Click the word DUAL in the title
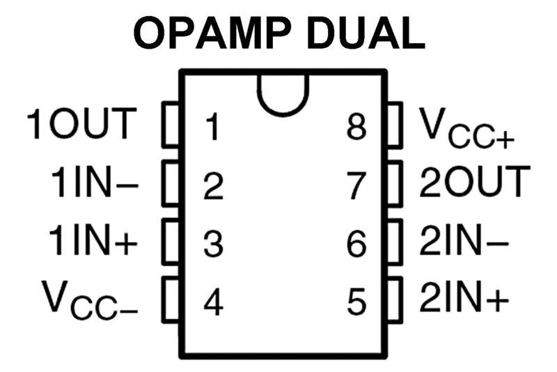pos(367,33)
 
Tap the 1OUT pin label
pos(79,124)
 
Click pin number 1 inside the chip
pos(213,127)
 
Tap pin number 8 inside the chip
pos(356,127)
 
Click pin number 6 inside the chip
pos(356,244)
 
